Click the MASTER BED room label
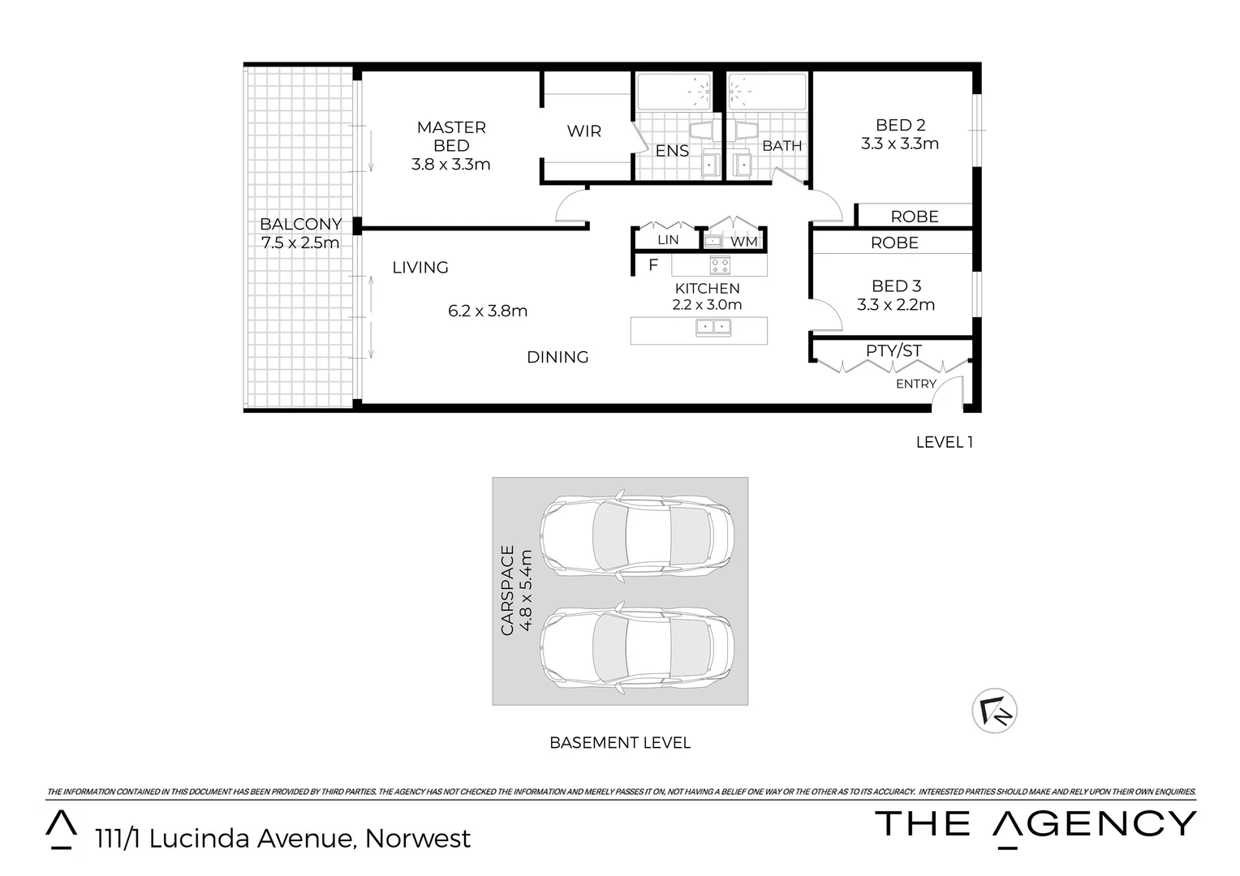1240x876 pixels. tap(451, 136)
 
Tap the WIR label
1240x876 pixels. tap(583, 131)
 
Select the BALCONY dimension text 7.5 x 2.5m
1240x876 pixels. tap(300, 243)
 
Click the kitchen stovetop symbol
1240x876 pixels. tap(720, 265)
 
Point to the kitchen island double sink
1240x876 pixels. tap(713, 328)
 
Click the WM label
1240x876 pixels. tap(743, 242)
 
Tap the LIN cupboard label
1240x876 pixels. tap(668, 240)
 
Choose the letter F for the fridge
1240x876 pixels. tap(653, 265)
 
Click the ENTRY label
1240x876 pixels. tap(916, 384)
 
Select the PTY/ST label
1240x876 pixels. tap(893, 350)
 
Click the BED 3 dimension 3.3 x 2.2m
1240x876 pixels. tap(896, 305)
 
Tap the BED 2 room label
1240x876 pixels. tap(900, 125)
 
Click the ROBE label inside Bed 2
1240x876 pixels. tap(915, 217)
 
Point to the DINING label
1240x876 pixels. tap(558, 357)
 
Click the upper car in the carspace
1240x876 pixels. tap(638, 536)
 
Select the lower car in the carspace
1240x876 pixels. tap(638, 646)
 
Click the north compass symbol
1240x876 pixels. tap(994, 711)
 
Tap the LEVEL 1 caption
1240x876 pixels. tap(944, 442)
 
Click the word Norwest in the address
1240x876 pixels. tap(418, 838)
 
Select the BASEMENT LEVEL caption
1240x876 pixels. tap(620, 742)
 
